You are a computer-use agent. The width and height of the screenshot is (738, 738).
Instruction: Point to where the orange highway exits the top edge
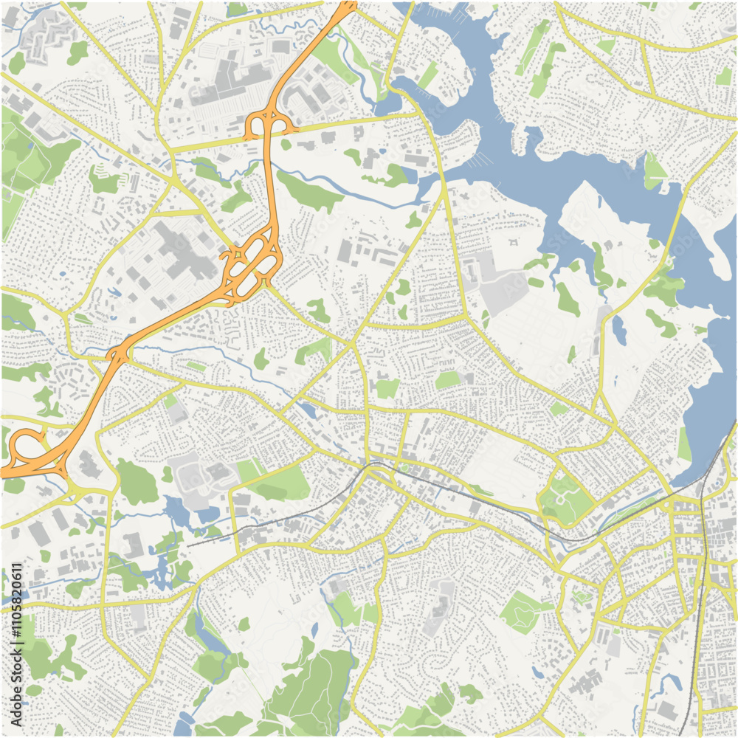[348, 4]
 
